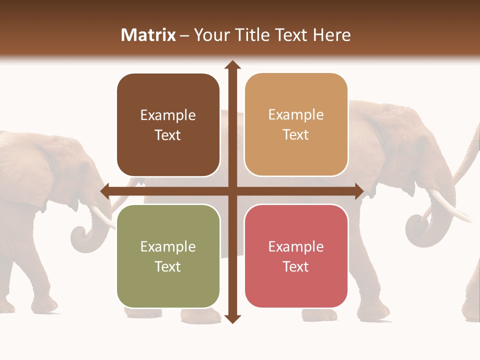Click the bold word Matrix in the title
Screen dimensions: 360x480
pyautogui.click(x=148, y=35)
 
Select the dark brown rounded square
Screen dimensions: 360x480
pyautogui.click(x=168, y=125)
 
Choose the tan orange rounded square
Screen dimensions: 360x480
pyautogui.click(x=296, y=124)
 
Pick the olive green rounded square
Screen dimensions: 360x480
pyautogui.click(x=168, y=256)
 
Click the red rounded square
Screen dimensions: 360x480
pyautogui.click(x=296, y=256)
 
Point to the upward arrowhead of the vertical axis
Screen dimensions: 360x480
pyautogui.click(x=232, y=65)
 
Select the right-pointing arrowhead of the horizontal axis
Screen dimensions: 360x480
pyautogui.click(x=359, y=191)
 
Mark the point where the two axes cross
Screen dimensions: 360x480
pyautogui.click(x=232, y=191)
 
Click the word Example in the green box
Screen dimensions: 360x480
pyautogui.click(x=168, y=246)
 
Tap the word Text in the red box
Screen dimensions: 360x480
pyautogui.click(x=296, y=266)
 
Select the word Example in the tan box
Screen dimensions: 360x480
pyautogui.click(x=296, y=115)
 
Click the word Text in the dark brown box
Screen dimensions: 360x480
pyautogui.click(x=168, y=135)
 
